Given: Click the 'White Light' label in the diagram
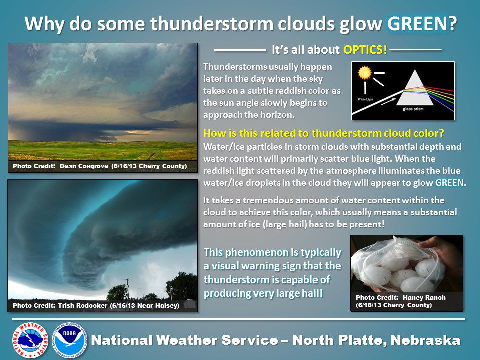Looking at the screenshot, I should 365,100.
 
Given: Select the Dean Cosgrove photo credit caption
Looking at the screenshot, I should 100,166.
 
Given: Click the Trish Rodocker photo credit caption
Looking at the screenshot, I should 96,305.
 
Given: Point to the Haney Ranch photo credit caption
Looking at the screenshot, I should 401,301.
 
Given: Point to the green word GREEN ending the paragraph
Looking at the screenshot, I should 450,183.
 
